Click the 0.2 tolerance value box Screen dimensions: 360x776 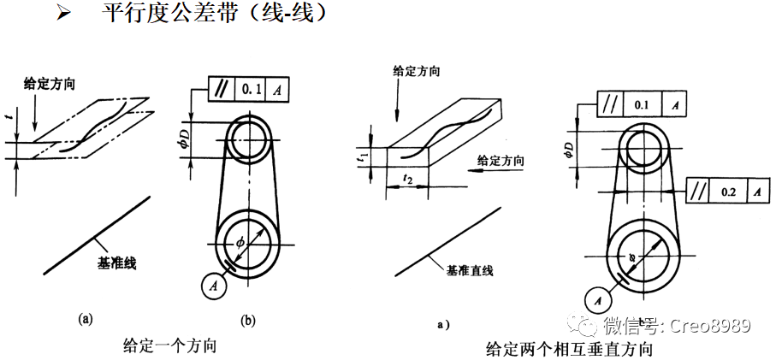pos(728,192)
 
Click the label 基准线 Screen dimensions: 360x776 pos(117,263)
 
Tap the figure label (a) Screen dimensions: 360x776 pos(86,319)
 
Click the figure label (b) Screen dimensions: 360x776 pos(248,321)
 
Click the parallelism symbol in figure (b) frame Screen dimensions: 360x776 pos(221,89)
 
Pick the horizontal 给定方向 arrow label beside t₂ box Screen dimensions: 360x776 pos(501,160)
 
